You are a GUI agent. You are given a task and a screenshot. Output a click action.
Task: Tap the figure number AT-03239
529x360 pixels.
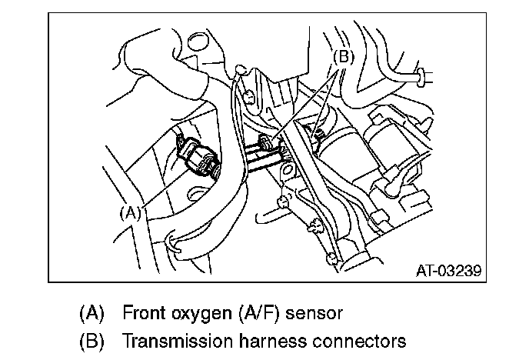pos(448,271)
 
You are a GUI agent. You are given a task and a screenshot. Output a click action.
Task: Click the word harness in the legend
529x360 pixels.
pos(266,340)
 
